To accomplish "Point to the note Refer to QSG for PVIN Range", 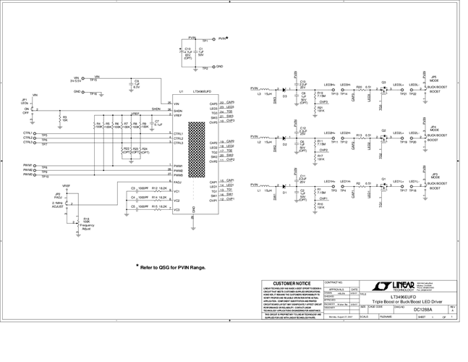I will [x=174, y=266].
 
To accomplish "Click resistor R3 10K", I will [x=65, y=118].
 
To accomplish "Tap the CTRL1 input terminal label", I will [x=28, y=134].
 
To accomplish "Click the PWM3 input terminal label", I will [x=28, y=175].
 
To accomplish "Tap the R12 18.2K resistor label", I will [x=160, y=188].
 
